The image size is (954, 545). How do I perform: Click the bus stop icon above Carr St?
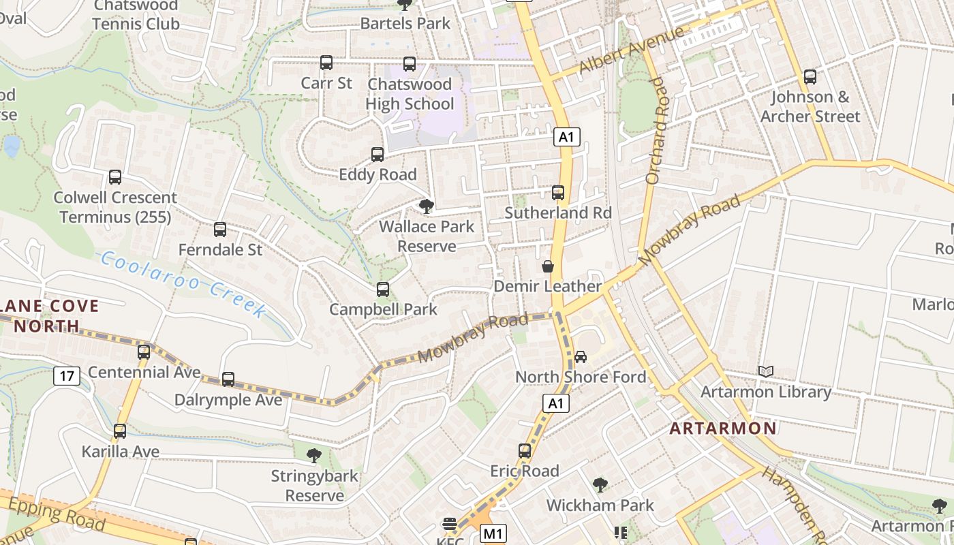pyautogui.click(x=326, y=63)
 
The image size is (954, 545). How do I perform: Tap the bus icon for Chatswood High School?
pyautogui.click(x=410, y=64)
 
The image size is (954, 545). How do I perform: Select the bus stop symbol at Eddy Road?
pyautogui.click(x=378, y=155)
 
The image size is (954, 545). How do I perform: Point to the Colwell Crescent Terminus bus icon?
pyautogui.click(x=115, y=177)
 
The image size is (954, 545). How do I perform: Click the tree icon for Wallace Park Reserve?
pyautogui.click(x=427, y=206)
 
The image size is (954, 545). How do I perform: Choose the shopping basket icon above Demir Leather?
pyautogui.click(x=548, y=266)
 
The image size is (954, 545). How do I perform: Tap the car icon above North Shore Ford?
pyautogui.click(x=581, y=356)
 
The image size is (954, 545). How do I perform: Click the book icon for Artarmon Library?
pyautogui.click(x=766, y=371)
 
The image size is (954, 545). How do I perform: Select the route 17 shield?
pyautogui.click(x=67, y=375)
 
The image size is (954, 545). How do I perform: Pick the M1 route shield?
pyautogui.click(x=493, y=533)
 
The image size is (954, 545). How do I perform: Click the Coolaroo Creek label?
pyautogui.click(x=183, y=284)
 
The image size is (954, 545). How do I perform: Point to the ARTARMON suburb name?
pyautogui.click(x=723, y=429)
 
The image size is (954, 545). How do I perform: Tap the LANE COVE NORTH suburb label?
pyautogui.click(x=50, y=316)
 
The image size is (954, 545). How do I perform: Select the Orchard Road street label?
pyautogui.click(x=656, y=130)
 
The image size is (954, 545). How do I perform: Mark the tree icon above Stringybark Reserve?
pyautogui.click(x=314, y=455)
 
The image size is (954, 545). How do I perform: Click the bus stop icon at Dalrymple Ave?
pyautogui.click(x=228, y=379)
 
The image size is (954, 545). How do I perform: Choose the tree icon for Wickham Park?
pyautogui.click(x=600, y=485)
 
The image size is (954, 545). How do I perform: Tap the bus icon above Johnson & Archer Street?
pyautogui.click(x=810, y=77)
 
